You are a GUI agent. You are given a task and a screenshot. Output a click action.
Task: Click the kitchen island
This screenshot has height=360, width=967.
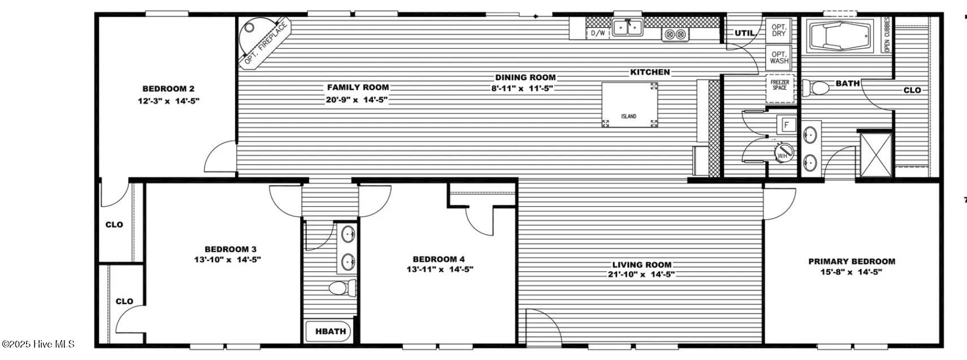630,105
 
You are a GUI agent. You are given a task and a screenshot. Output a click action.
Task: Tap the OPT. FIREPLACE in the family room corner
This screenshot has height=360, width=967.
263,42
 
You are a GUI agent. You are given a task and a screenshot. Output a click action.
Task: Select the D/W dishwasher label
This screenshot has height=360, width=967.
597,33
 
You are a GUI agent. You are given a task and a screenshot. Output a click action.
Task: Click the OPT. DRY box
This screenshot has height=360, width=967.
779,30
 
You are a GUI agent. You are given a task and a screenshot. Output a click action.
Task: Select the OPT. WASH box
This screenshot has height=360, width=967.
779,57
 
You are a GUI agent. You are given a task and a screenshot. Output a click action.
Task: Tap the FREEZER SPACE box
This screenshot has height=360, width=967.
779,85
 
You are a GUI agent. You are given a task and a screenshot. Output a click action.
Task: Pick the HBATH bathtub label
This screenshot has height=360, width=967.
330,331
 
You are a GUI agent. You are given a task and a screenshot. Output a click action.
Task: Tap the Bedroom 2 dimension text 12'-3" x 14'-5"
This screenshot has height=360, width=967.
168,101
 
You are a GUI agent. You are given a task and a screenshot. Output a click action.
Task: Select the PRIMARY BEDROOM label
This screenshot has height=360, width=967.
851,261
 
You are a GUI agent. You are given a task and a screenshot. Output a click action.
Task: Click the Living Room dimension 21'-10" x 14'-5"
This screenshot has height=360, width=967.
642,275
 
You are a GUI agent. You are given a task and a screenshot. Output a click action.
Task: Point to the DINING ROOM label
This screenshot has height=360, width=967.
525,77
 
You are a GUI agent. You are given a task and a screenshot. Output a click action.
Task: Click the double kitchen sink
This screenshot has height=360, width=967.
628,27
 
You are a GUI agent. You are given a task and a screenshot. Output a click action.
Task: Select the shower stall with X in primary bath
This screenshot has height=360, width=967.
874,154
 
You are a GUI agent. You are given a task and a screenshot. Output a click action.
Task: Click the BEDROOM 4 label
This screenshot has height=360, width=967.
439,259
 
